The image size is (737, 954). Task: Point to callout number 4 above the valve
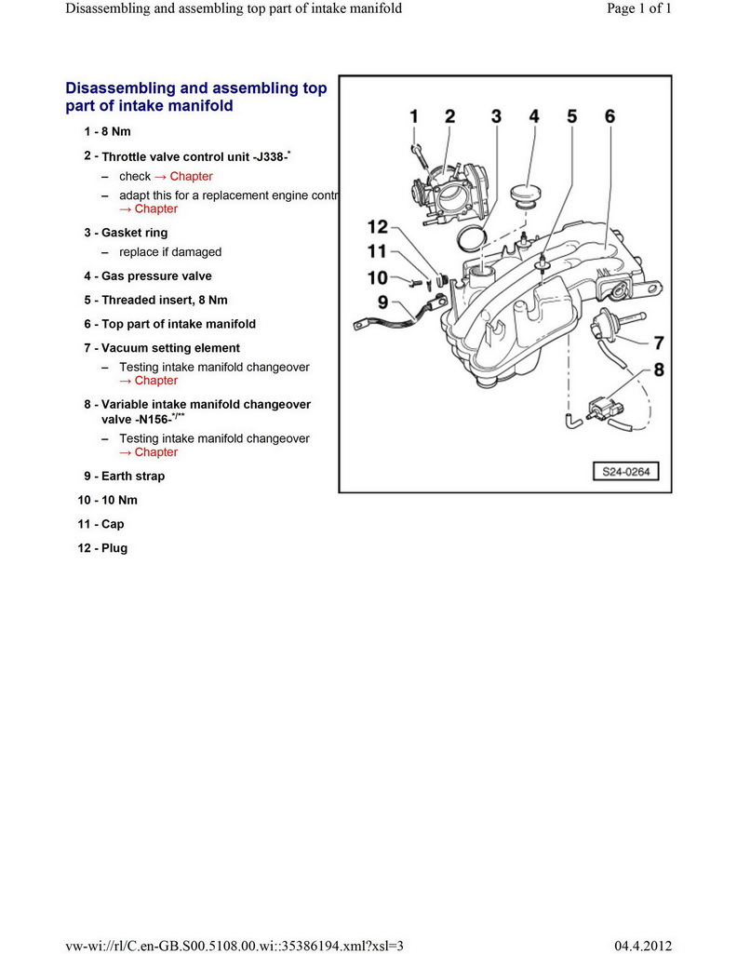click(534, 116)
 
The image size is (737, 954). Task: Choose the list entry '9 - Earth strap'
click(124, 476)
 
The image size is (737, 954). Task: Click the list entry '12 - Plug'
click(102, 548)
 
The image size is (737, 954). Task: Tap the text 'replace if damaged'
click(170, 252)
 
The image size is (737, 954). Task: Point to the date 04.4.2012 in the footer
click(643, 945)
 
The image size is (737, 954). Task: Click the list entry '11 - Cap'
click(100, 524)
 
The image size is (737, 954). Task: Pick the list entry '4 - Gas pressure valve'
click(147, 276)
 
